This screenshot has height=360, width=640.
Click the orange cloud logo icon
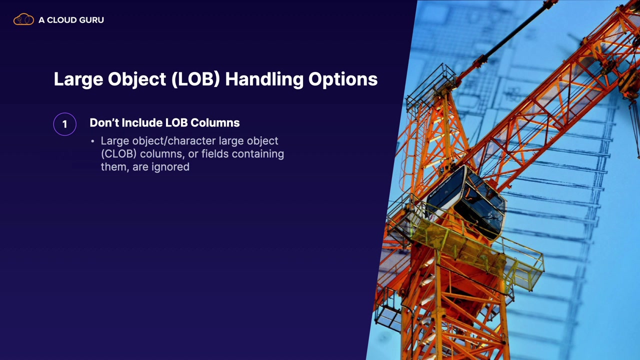click(23, 19)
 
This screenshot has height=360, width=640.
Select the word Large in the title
click(78, 79)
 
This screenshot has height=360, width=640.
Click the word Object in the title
click(137, 79)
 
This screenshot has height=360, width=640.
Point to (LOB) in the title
click(195, 79)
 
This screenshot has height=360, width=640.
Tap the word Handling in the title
click(264, 79)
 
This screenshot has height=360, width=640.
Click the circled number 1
click(65, 124)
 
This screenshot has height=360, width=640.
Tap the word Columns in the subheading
click(215, 122)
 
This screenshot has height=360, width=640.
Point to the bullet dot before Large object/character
click(92, 141)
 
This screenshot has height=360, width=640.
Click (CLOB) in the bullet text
click(118, 154)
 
